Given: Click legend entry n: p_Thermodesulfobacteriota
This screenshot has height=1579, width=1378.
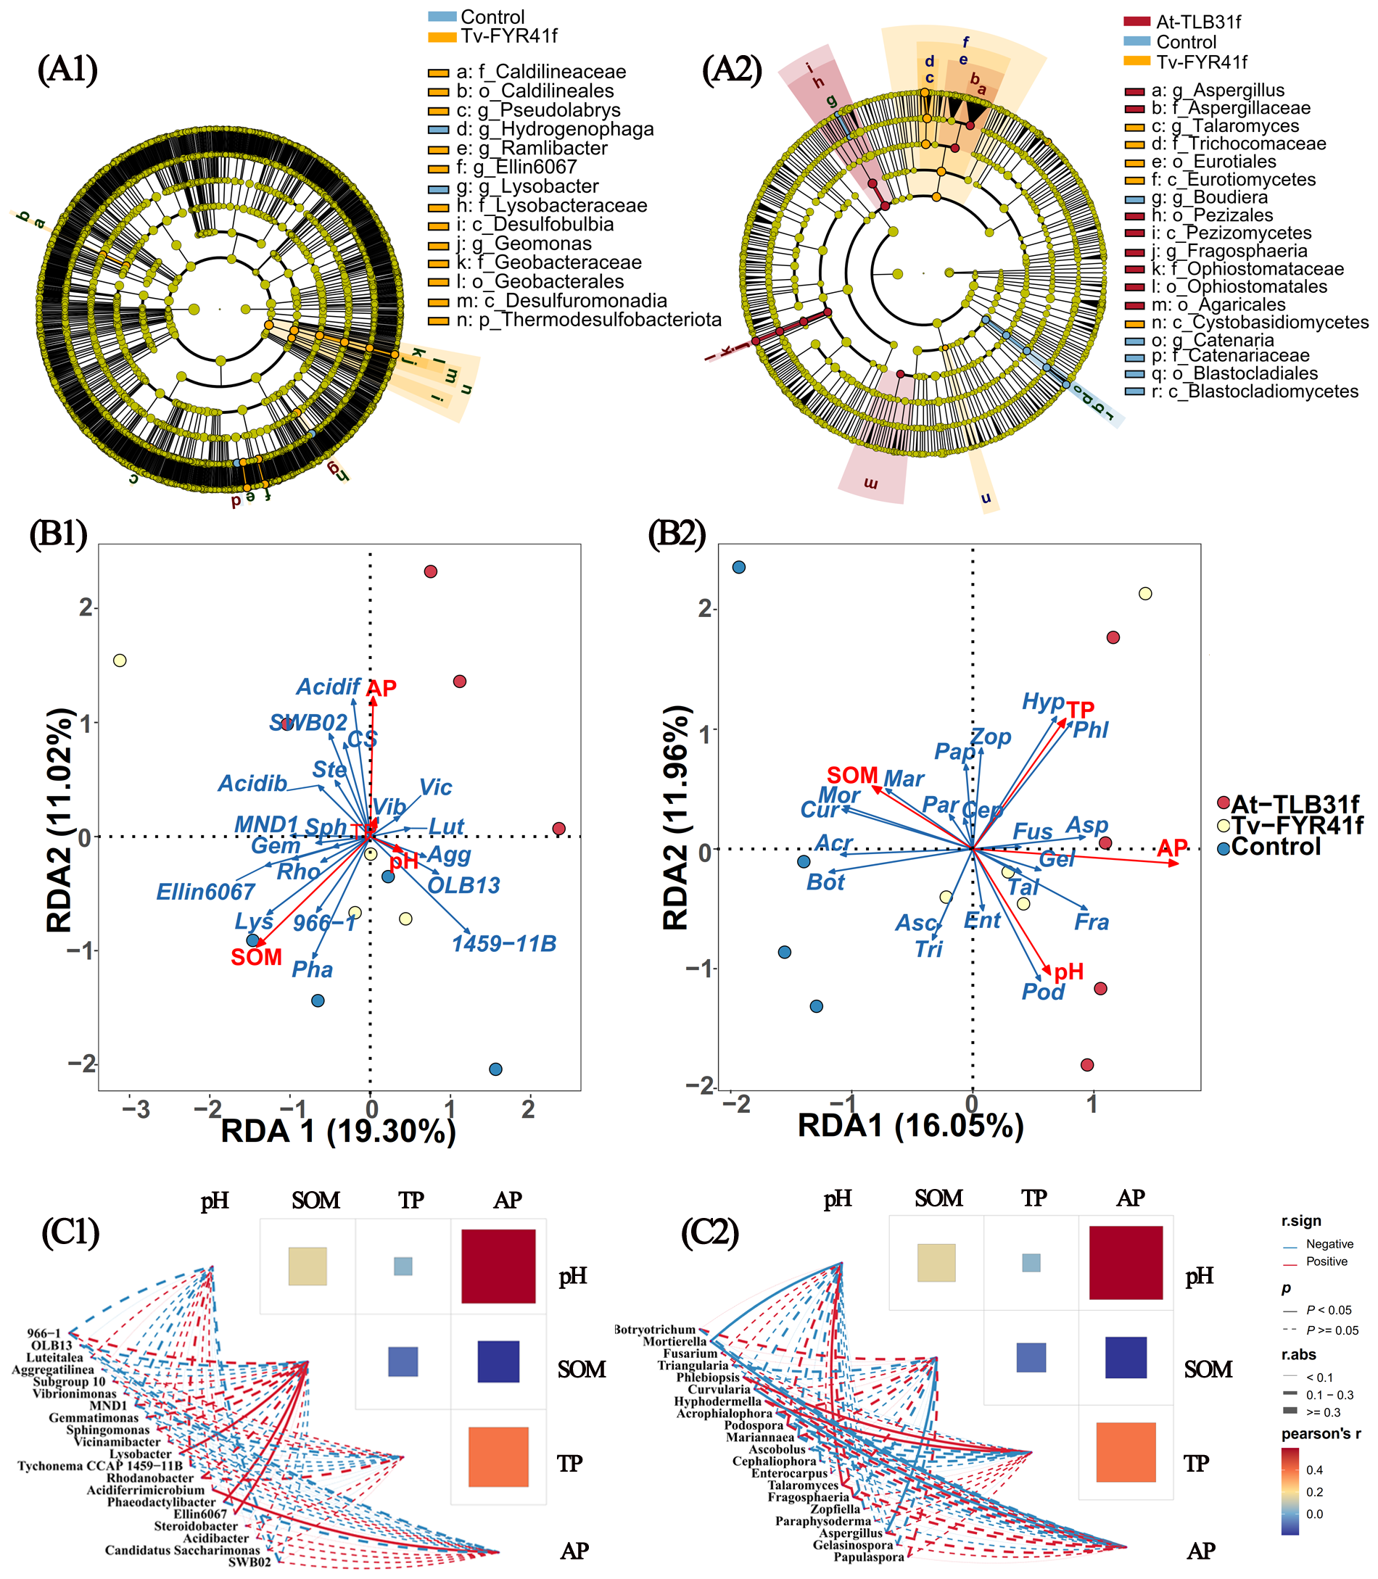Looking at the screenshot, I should [588, 320].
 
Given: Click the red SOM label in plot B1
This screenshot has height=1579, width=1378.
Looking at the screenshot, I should [256, 957].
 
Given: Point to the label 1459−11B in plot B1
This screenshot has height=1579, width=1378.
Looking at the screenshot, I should [503, 944].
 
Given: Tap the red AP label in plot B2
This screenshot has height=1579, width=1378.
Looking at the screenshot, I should [1172, 849].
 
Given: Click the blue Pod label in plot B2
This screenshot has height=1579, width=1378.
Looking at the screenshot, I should [1043, 992].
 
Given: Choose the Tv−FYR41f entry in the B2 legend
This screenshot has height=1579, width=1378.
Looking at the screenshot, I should [1297, 826].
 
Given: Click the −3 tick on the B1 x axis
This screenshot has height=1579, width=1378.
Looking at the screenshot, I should [136, 1110].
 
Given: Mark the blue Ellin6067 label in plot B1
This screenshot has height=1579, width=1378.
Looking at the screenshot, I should [205, 892].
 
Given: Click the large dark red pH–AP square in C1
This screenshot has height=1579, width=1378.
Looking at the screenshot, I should [498, 1266].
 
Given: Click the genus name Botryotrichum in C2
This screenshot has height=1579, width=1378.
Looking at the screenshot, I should [655, 1329].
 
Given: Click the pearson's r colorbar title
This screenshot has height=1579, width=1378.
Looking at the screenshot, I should [1321, 1434].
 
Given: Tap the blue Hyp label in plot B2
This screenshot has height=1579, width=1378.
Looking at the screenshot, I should [1043, 701].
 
